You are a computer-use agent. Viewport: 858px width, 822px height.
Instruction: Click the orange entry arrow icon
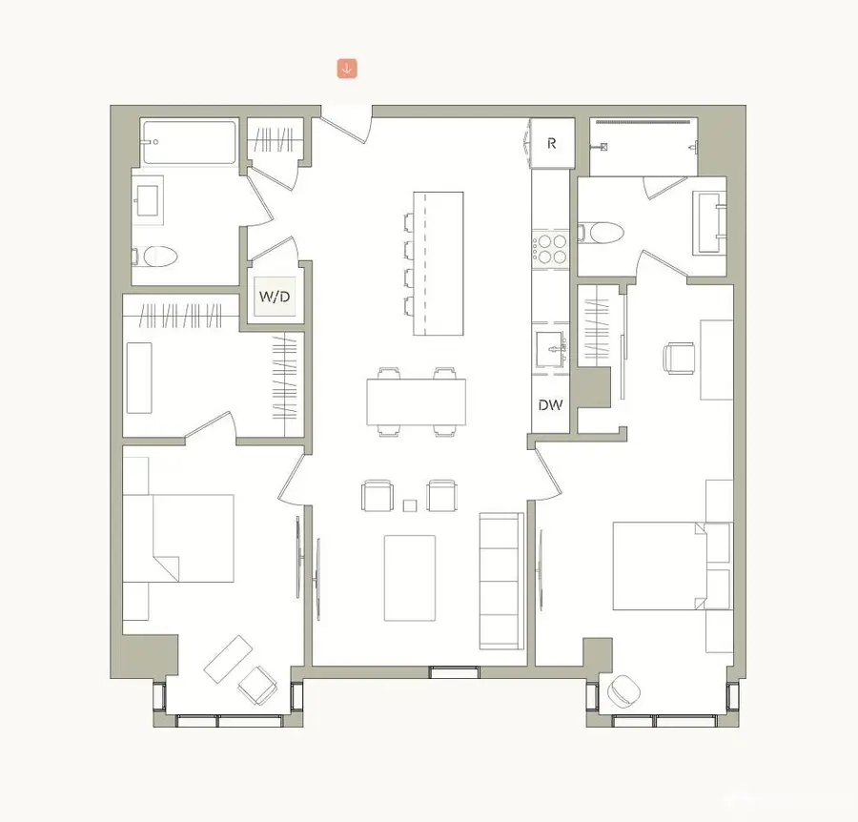[x=347, y=69]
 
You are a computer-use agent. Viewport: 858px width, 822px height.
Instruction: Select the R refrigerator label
[x=552, y=144]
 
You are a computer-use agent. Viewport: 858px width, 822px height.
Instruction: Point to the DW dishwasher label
[x=550, y=404]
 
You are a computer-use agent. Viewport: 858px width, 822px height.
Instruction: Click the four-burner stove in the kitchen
[x=550, y=248]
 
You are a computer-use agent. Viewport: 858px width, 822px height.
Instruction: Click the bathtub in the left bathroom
[x=189, y=143]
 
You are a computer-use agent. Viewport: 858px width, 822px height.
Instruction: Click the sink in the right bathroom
[x=709, y=223]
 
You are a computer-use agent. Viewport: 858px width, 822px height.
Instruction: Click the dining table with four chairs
[x=417, y=402]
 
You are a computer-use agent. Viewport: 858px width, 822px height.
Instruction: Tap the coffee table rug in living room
[x=410, y=577]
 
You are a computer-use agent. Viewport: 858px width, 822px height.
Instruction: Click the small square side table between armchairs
[x=411, y=505]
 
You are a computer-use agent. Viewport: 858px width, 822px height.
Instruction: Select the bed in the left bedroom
[x=191, y=537]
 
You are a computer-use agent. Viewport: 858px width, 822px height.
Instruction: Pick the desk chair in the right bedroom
[x=679, y=360]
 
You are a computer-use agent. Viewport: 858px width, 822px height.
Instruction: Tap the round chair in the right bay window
[x=626, y=689]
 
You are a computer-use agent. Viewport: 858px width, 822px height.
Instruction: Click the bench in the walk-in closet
[x=139, y=377]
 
